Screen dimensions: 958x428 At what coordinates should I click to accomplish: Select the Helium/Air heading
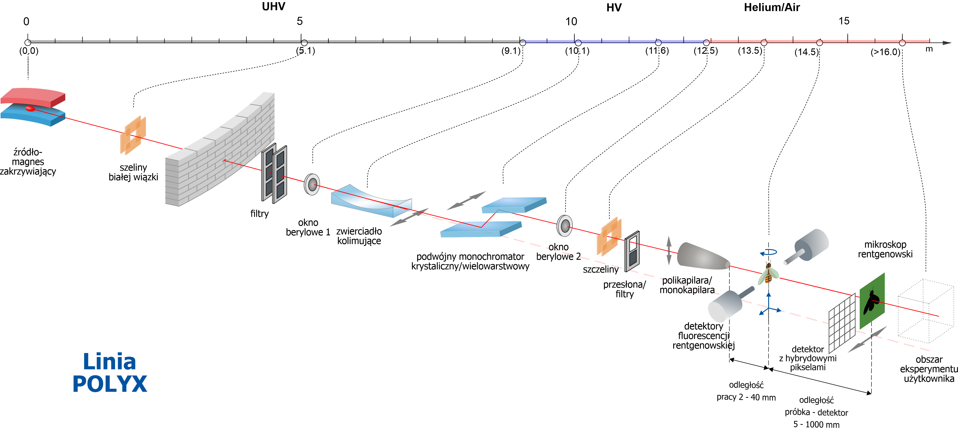(772, 7)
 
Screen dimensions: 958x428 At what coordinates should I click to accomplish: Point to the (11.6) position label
(657, 50)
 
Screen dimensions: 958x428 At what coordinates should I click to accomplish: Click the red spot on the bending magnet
(30, 109)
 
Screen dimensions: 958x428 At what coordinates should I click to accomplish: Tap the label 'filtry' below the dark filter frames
(259, 213)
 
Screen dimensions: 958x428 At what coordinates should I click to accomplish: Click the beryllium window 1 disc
(312, 184)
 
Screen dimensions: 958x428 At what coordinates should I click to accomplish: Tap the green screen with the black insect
(872, 301)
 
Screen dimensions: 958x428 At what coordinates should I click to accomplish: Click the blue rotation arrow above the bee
(768, 252)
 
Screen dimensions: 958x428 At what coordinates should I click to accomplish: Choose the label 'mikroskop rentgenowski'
(885, 249)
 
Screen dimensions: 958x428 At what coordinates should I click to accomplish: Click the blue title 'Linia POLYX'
(110, 373)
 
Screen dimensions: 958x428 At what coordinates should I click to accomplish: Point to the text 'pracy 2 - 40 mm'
(746, 397)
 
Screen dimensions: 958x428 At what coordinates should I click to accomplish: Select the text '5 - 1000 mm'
(816, 424)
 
